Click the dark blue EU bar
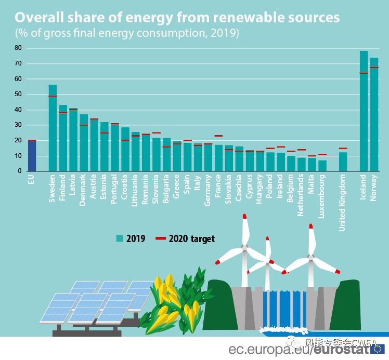(32, 156)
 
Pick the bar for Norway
(374, 114)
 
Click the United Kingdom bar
(343, 162)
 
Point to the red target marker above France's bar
(218, 136)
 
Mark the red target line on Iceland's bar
(364, 73)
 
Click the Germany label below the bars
(208, 191)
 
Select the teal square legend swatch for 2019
(120, 238)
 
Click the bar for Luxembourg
(322, 166)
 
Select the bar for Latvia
(73, 140)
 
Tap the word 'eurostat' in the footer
(340, 349)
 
